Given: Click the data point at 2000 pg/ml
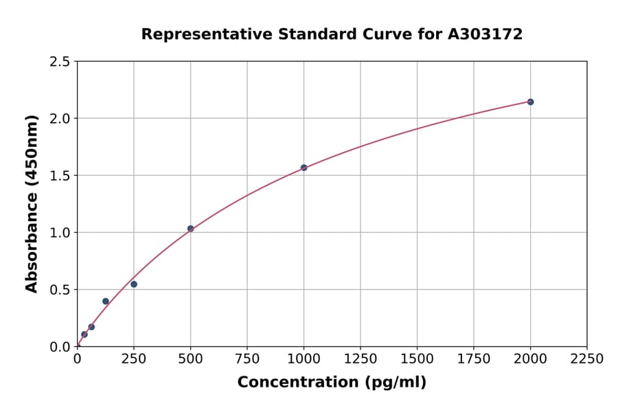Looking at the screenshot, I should point(530,102).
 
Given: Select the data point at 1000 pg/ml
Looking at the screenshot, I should point(304,168).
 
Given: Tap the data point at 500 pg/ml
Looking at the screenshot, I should point(190,229).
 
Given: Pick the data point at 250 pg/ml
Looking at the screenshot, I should point(134,284).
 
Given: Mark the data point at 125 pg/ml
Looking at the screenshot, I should point(106,302).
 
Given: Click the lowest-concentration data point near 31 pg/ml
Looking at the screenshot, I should point(84,335).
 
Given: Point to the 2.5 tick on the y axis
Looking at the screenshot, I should point(60,62).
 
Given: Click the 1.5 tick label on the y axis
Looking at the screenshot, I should point(60,176).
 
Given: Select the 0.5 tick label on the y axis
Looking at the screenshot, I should point(60,290).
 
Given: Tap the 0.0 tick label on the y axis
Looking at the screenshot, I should point(60,347).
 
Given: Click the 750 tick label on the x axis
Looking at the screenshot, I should point(247,359).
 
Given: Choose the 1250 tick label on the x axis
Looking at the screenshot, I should point(360,359).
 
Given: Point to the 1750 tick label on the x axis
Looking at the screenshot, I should point(474,359).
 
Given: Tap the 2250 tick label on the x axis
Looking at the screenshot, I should point(587,359).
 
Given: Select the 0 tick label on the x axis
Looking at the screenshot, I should point(78,359).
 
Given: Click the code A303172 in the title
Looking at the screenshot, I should point(485,34).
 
